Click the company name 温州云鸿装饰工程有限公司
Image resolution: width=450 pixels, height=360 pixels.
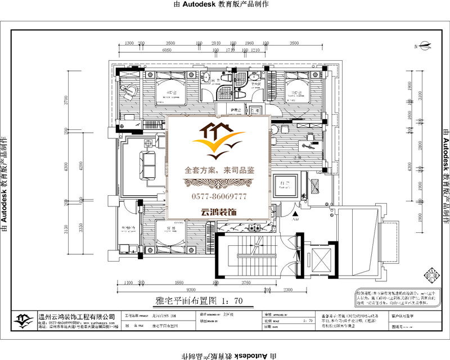(x=76, y=317)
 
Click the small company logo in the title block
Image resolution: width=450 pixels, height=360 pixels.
(x=24, y=319)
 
